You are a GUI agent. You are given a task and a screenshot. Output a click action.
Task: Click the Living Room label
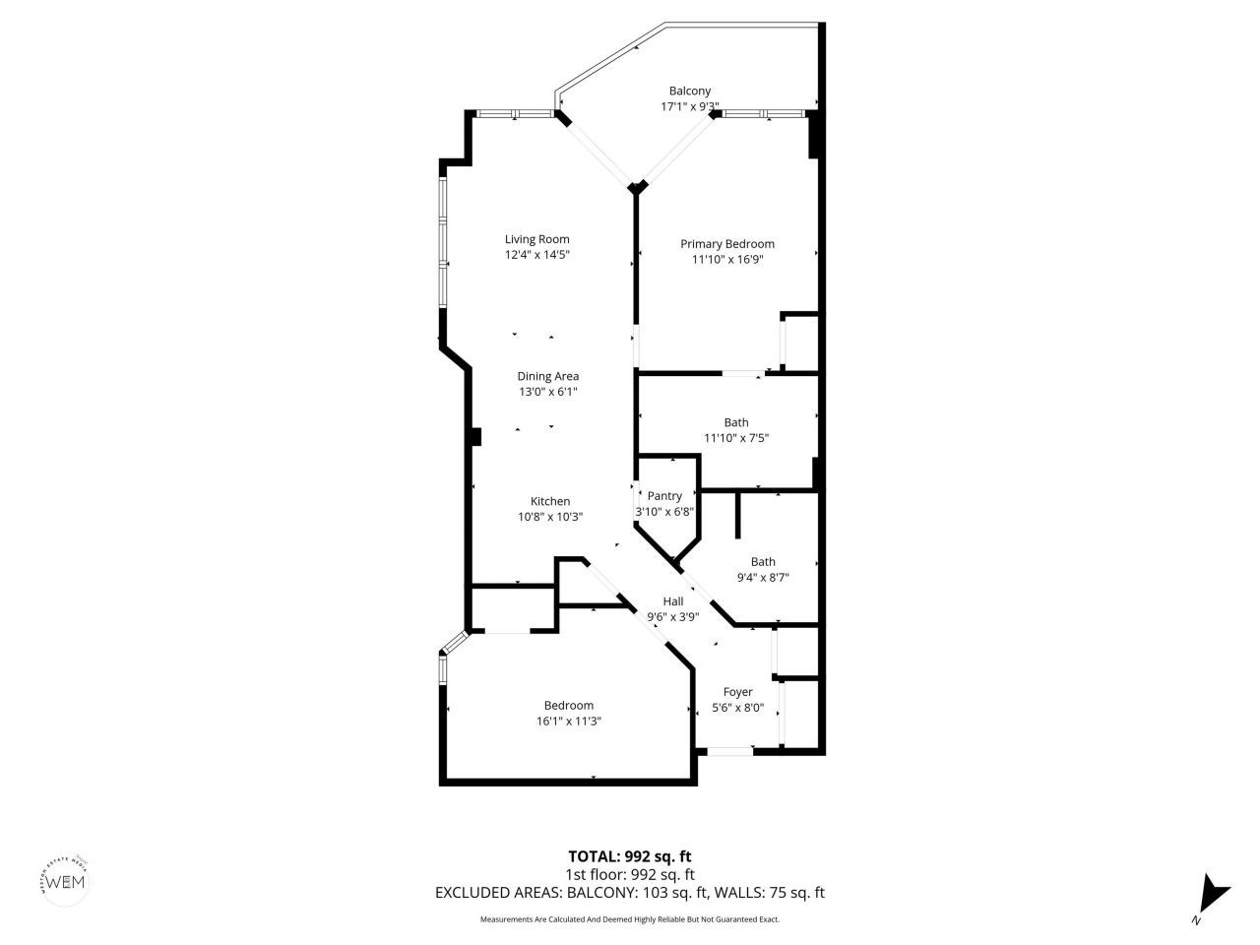536,239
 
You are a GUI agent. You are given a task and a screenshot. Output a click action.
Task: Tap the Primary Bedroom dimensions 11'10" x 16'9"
727,260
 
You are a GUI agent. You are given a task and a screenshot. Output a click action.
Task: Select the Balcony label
689,92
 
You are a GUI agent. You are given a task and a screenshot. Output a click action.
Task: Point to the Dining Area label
548,376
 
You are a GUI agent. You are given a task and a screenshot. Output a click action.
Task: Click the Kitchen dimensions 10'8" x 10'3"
550,517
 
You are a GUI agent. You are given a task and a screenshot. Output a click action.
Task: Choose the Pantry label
664,496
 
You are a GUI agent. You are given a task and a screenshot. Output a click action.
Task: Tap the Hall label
672,601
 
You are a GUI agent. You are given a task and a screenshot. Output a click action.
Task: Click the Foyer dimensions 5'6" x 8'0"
737,708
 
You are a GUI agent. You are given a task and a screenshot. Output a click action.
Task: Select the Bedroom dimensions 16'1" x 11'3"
568,721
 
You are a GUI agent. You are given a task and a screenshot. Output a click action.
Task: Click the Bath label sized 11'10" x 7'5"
735,422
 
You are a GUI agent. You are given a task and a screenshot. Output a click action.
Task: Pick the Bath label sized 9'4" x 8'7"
763,562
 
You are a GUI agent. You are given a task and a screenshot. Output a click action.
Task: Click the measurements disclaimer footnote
629,919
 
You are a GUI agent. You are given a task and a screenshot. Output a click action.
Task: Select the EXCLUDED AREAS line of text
629,893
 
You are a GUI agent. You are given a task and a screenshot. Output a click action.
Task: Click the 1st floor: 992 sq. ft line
629,874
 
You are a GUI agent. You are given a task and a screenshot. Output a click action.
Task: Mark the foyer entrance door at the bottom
729,752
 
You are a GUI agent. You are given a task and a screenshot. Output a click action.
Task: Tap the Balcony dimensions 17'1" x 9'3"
689,107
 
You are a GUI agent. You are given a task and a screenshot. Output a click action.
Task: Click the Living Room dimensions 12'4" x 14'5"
536,255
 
